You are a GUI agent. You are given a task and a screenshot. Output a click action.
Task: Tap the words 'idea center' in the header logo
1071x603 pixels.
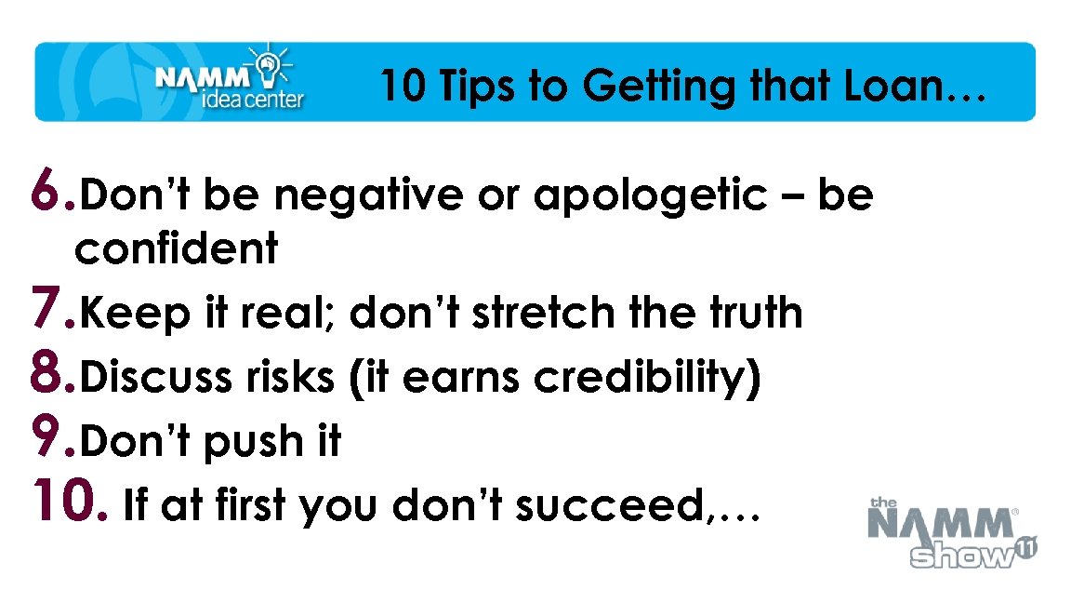[x=252, y=99]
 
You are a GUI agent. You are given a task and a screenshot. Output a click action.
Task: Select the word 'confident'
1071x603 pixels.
[x=177, y=248]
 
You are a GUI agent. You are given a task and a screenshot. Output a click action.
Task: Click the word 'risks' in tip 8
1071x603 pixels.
[x=284, y=378]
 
